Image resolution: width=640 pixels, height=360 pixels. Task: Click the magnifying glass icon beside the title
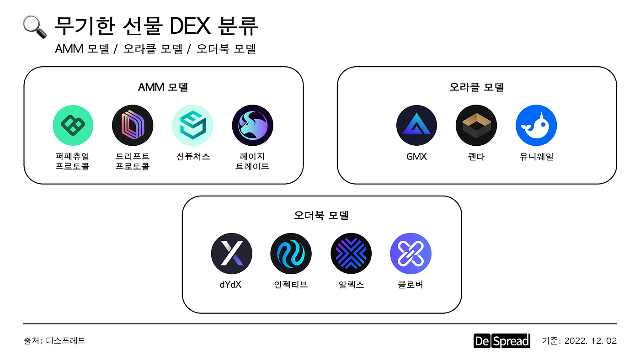[35, 27]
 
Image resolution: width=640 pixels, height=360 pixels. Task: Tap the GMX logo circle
[416, 126]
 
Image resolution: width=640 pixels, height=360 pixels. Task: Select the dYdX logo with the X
[231, 254]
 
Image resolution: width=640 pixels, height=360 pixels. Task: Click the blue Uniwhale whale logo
[536, 126]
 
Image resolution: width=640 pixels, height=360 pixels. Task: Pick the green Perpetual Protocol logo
[73, 126]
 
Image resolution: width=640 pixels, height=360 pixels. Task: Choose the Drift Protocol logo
[133, 126]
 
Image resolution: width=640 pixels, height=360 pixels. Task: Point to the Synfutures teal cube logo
[192, 126]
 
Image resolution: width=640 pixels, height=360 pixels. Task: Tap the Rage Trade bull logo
[252, 126]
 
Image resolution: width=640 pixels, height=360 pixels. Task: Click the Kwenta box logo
[476, 126]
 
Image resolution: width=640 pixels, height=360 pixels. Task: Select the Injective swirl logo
[291, 254]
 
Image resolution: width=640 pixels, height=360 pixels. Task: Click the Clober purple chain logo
[411, 254]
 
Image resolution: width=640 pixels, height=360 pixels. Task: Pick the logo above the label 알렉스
[351, 254]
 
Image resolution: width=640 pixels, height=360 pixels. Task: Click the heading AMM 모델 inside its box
[163, 87]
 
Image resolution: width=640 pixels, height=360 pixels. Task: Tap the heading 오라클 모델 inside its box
[476, 87]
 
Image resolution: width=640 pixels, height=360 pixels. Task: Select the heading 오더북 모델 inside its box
[321, 215]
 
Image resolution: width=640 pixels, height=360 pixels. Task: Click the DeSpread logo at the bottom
[501, 341]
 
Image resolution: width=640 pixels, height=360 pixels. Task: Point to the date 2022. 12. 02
[591, 341]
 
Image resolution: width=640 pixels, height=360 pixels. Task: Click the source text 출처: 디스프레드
[54, 340]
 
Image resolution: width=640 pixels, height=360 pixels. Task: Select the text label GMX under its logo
[416, 157]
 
